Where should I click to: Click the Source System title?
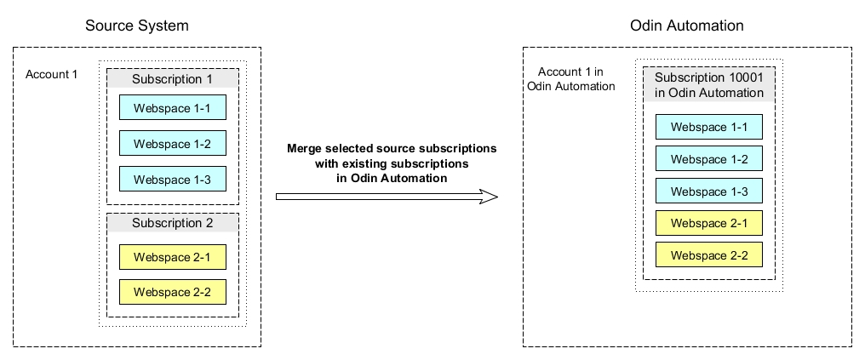(x=137, y=26)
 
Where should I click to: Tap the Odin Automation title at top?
(x=687, y=26)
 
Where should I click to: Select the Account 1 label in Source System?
(x=52, y=74)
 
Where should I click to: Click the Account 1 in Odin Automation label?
(x=571, y=79)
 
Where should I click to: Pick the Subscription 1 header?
(x=172, y=79)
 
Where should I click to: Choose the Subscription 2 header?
(x=172, y=223)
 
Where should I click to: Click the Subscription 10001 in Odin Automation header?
(x=709, y=85)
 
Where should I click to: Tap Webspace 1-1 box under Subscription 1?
(x=173, y=107)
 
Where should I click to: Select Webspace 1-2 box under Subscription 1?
(x=173, y=143)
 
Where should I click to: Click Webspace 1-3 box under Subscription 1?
(x=173, y=180)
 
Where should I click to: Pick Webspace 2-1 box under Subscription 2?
(x=173, y=257)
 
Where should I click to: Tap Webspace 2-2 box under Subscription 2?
(x=173, y=292)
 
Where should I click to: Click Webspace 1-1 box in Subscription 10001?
(x=709, y=127)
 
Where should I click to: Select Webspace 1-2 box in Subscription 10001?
(x=709, y=159)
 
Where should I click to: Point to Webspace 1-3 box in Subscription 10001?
(x=709, y=191)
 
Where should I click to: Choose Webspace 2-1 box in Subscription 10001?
(x=709, y=223)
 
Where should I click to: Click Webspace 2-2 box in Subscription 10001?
(x=709, y=254)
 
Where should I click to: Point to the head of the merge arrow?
(x=497, y=197)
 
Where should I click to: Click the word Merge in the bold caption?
(x=304, y=150)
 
